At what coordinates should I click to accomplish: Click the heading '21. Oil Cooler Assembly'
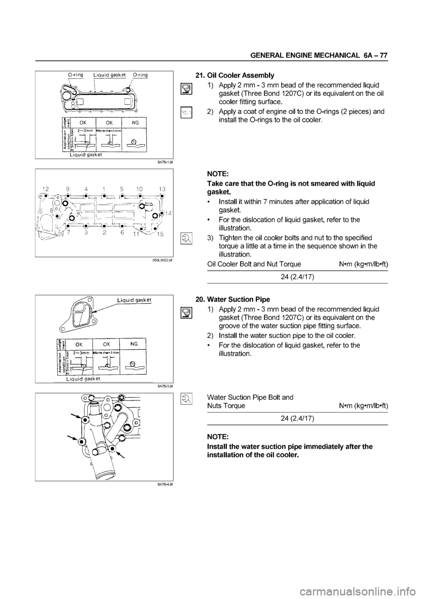(x=234, y=75)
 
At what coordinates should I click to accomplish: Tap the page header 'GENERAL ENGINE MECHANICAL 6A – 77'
(x=319, y=56)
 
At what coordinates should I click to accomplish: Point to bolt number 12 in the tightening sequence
(x=44, y=188)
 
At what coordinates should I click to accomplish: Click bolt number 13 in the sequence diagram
(x=162, y=188)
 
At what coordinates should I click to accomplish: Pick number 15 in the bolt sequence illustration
(x=160, y=234)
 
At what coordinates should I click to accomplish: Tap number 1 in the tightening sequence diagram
(x=103, y=188)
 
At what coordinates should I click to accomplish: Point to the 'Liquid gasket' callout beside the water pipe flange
(x=134, y=299)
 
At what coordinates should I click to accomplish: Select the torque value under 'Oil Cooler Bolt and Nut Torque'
(x=297, y=277)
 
